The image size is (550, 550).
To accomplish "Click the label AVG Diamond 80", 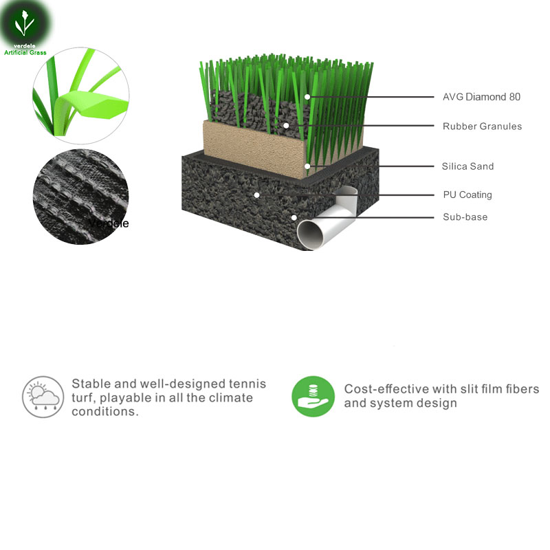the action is coord(481,97).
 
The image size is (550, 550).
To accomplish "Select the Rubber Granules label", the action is coord(482,126).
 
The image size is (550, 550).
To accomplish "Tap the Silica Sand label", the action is coord(467,166).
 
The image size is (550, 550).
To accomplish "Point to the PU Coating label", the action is coord(467,195).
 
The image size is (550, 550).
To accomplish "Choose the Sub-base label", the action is coord(465,217).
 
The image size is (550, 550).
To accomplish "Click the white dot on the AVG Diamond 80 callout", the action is coord(307,97).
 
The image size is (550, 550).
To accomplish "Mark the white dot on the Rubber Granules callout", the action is coord(286,126).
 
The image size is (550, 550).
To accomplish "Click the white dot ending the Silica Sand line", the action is coord(307,166).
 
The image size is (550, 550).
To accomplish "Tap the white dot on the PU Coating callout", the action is coord(256,195).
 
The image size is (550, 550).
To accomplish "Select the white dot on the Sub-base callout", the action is coord(294,218).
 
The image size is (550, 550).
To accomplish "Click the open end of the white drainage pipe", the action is coord(310,234).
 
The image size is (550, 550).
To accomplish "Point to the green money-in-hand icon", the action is coord(313,397).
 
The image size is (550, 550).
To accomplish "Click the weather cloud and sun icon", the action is coord(43,397).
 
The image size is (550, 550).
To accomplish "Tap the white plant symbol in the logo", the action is coord(24,23).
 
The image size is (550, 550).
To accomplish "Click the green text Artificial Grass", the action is coord(25,53).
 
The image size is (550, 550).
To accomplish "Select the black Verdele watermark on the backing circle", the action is coord(109,223).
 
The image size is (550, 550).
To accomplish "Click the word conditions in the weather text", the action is coord(105,411).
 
